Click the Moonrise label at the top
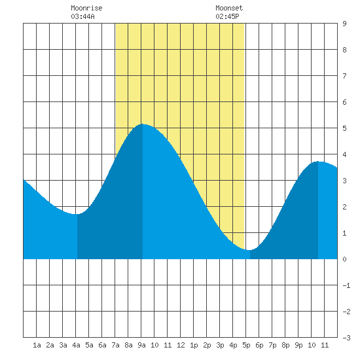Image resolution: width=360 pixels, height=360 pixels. pos(86,8)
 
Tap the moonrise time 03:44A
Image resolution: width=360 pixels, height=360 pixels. pos(82,16)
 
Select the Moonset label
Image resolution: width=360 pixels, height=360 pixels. pos(229,8)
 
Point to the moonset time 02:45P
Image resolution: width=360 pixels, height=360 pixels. pos(227,16)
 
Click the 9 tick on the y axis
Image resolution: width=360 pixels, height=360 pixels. pos(344,24)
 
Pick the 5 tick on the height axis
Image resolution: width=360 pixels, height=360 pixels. pos(344,128)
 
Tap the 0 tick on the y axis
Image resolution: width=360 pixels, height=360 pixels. pos(344,259)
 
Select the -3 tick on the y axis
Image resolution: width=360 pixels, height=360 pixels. pos(346,338)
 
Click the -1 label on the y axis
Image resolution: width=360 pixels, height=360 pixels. pos(346,285)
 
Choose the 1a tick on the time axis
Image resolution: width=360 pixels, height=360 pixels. pos(37,345)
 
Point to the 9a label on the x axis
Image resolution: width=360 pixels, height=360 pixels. pos(141,345)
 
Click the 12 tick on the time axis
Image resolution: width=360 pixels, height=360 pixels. pos(181,345)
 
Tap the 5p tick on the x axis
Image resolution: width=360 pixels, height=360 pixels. pos(246,345)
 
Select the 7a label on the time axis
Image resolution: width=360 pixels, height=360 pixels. pos(115,345)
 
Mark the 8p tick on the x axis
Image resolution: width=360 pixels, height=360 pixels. pos(285,345)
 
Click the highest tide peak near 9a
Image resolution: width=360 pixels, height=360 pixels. pos(142,124)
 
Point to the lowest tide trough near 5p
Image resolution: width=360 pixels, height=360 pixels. pos(249,250)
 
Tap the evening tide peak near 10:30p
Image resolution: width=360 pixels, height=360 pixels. pos(318,162)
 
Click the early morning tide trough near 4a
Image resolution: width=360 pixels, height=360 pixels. pos(77,214)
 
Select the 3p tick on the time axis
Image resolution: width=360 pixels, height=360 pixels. pos(220,345)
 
